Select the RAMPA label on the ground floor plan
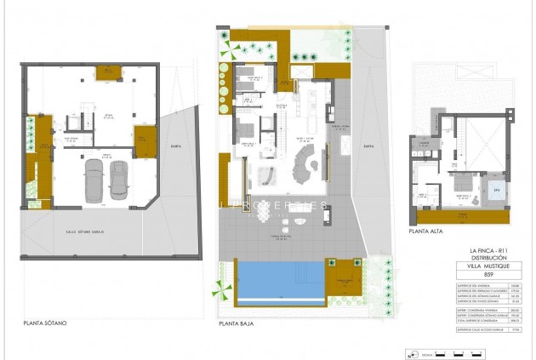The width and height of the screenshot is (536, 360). (368, 146)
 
